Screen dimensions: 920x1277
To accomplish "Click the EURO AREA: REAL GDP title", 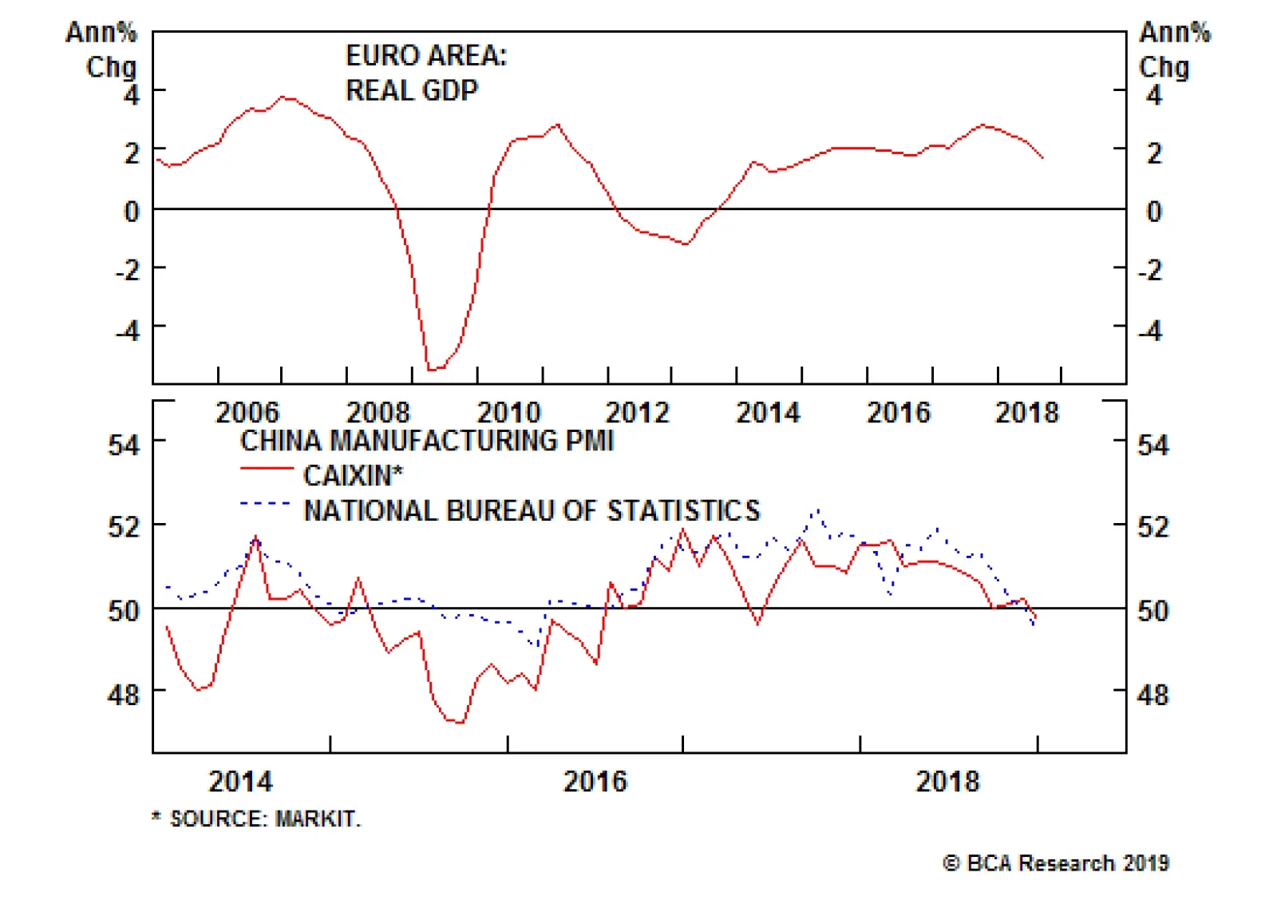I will [425, 73].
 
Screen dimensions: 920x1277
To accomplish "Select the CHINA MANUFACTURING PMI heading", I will [426, 441].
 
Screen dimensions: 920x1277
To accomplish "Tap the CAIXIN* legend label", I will [353, 476].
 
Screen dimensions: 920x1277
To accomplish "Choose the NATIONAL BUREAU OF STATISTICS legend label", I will [532, 511].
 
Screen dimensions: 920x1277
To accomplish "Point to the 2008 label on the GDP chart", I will [378, 413].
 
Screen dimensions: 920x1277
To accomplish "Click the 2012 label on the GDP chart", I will [637, 413].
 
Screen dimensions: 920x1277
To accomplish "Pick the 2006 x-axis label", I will [247, 413].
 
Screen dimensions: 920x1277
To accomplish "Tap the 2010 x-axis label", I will [508, 413].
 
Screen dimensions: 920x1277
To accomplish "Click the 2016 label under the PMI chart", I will [595, 781].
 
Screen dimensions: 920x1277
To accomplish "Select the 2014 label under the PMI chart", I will [240, 781].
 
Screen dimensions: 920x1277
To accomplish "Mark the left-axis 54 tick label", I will [124, 444].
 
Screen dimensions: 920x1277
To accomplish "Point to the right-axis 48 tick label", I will [1152, 695].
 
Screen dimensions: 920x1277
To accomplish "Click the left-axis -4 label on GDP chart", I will [128, 330].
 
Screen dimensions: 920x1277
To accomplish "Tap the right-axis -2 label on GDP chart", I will [1149, 271].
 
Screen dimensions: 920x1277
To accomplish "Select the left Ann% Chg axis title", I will [102, 50].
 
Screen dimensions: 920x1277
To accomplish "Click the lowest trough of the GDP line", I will [432, 370].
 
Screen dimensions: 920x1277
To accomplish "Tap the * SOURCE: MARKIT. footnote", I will [256, 819].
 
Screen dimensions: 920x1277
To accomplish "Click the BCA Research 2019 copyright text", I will [1056, 863].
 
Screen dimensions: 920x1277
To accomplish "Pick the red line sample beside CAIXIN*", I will [267, 468].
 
